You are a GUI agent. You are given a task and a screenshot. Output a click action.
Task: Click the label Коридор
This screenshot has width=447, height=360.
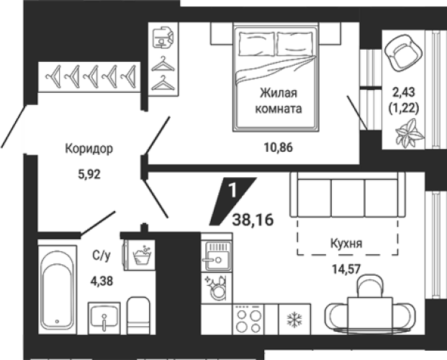click(x=89, y=148)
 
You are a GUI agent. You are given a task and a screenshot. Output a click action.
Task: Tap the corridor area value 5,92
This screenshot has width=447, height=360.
click(x=89, y=174)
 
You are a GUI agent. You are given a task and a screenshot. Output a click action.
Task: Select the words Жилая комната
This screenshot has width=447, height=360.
click(x=279, y=101)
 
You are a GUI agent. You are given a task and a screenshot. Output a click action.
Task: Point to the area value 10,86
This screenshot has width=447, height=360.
click(x=279, y=148)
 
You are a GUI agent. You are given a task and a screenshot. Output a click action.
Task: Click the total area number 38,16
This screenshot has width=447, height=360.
click(x=253, y=220)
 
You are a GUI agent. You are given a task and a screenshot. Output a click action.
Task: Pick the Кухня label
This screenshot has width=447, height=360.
click(x=346, y=243)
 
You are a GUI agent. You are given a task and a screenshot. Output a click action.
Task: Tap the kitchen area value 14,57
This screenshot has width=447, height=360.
click(x=346, y=269)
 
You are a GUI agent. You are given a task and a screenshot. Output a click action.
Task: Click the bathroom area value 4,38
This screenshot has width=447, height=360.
click(x=101, y=282)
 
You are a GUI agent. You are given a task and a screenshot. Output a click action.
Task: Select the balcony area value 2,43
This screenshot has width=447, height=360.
click(x=404, y=92)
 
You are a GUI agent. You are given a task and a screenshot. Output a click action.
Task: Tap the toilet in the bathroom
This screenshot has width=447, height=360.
click(x=138, y=316)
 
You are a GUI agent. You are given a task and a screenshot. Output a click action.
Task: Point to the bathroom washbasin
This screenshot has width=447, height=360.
click(x=104, y=318)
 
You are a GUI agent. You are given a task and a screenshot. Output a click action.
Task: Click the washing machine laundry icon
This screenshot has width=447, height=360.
click(x=142, y=255)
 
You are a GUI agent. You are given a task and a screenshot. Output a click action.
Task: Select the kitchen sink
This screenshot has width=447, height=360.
click(x=217, y=256)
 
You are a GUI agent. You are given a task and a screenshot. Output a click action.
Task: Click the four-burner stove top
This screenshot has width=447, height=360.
click(x=248, y=320)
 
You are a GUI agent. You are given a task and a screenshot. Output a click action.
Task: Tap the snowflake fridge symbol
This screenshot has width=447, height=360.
click(x=294, y=319)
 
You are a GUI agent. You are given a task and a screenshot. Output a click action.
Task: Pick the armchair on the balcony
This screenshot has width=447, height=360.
click(x=403, y=53)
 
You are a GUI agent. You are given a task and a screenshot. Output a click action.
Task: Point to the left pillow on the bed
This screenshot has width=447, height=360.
click(x=256, y=44)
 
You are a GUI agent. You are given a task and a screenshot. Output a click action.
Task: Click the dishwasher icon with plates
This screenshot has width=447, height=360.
click(x=217, y=288)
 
